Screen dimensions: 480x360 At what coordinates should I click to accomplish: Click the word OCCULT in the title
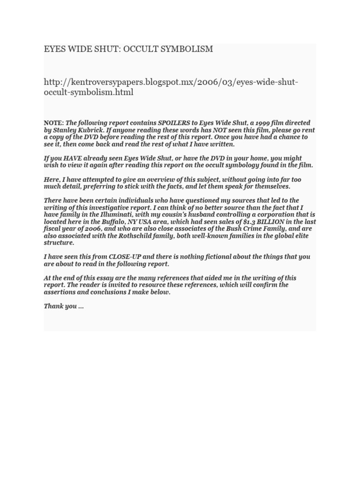pos(141,49)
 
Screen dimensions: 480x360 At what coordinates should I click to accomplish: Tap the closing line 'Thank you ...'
pos(64,306)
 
